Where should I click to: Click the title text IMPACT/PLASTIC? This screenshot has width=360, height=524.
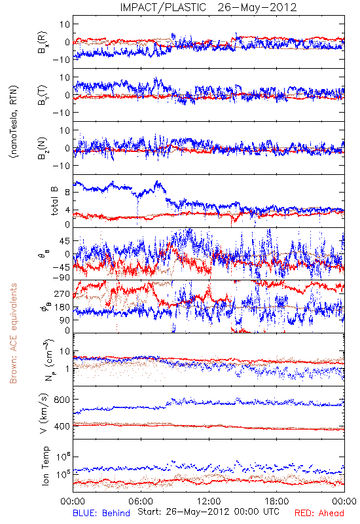point(163,7)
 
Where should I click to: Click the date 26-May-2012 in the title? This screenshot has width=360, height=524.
point(257,7)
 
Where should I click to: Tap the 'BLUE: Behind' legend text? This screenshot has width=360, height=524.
point(101,513)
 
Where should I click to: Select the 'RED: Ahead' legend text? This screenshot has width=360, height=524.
point(319,513)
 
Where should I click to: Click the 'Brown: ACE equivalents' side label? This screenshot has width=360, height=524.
point(13,333)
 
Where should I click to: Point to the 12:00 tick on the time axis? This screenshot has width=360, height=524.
point(209,501)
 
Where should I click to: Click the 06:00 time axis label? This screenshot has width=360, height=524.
point(141,501)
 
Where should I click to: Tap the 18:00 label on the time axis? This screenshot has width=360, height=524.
point(277,501)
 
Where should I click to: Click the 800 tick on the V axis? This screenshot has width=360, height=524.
point(62,400)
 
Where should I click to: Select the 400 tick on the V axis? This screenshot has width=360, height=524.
point(62,426)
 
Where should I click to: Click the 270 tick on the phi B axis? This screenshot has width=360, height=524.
point(62,293)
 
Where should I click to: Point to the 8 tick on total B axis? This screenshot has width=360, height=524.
point(67,192)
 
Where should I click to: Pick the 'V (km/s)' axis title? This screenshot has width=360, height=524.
point(44,413)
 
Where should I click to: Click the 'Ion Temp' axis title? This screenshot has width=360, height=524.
point(45,466)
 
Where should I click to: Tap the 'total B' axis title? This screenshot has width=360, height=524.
point(54,201)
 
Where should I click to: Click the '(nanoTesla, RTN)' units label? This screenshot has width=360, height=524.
point(14,122)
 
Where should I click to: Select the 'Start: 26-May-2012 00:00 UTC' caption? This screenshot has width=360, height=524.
point(208,512)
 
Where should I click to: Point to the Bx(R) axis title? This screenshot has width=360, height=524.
point(43,43)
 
